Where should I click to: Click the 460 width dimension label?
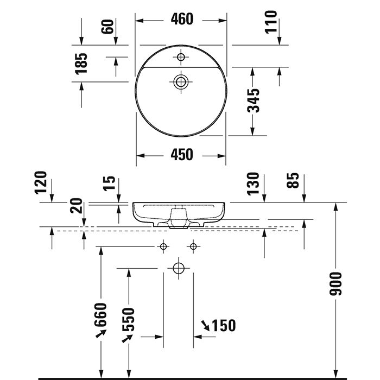pyautogui.click(x=181, y=20)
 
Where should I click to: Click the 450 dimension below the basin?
pyautogui.click(x=181, y=155)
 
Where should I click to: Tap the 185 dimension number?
pyautogui.click(x=81, y=63)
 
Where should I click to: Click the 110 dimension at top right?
pyautogui.click(x=271, y=22)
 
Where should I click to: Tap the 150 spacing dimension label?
pyautogui.click(x=223, y=325)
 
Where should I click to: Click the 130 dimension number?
pyautogui.click(x=253, y=185)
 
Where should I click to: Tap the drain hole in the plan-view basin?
pyautogui.click(x=181, y=82)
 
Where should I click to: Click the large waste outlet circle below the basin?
pyautogui.click(x=178, y=268)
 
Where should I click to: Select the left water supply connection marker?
pyautogui.click(x=163, y=246)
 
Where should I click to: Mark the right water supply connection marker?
pyautogui.click(x=193, y=246)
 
